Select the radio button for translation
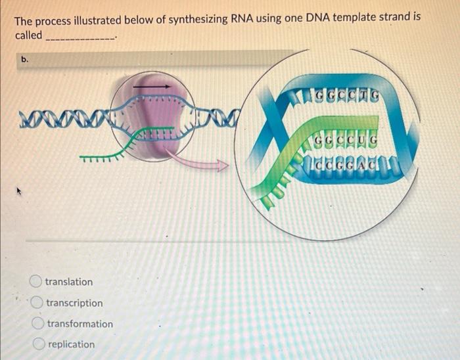tap(37, 282)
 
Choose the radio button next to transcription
tap(38, 303)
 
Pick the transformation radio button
tap(39, 324)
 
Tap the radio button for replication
tap(39, 344)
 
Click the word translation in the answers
tap(69, 282)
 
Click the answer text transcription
tap(74, 303)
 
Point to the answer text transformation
tap(80, 324)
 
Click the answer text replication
tap(71, 344)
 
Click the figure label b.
tap(25, 59)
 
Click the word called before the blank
tap(28, 35)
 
